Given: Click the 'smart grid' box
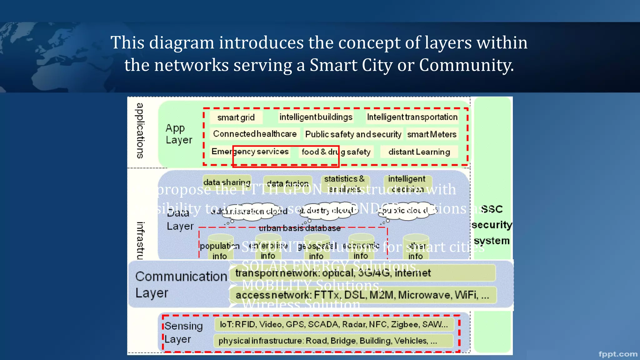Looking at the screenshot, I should (x=236, y=117).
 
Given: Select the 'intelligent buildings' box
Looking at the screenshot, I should (x=316, y=117).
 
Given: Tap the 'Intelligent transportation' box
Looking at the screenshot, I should (x=412, y=117).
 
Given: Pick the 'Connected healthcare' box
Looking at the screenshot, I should (x=255, y=134).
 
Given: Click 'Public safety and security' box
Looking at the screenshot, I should (x=353, y=134).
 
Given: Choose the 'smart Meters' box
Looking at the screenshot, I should (x=432, y=134).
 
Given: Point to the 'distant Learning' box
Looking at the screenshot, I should (x=419, y=152).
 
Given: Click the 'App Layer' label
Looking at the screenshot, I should (x=179, y=134).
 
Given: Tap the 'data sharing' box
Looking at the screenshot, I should (x=227, y=182).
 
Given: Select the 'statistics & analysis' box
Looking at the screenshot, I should (x=345, y=183).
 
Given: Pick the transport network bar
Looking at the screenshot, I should (x=362, y=273).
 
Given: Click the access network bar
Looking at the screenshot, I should (x=362, y=295).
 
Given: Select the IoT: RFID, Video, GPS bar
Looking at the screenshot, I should (x=334, y=324).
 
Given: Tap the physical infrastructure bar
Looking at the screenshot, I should (x=333, y=341).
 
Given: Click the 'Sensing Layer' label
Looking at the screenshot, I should (x=183, y=332).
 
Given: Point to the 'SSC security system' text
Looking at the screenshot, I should (x=492, y=225).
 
